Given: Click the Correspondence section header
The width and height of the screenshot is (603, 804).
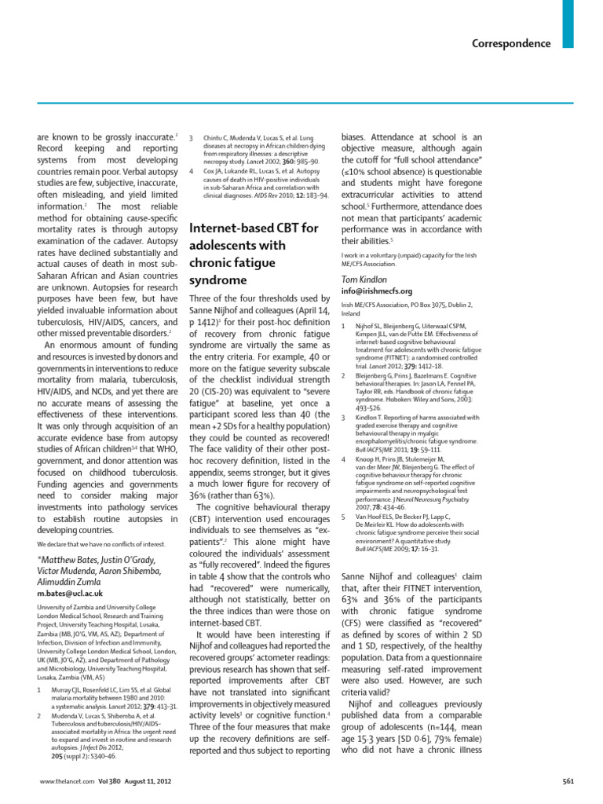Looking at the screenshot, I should tap(511, 44).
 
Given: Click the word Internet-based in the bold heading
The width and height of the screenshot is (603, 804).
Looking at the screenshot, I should tap(232, 228).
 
